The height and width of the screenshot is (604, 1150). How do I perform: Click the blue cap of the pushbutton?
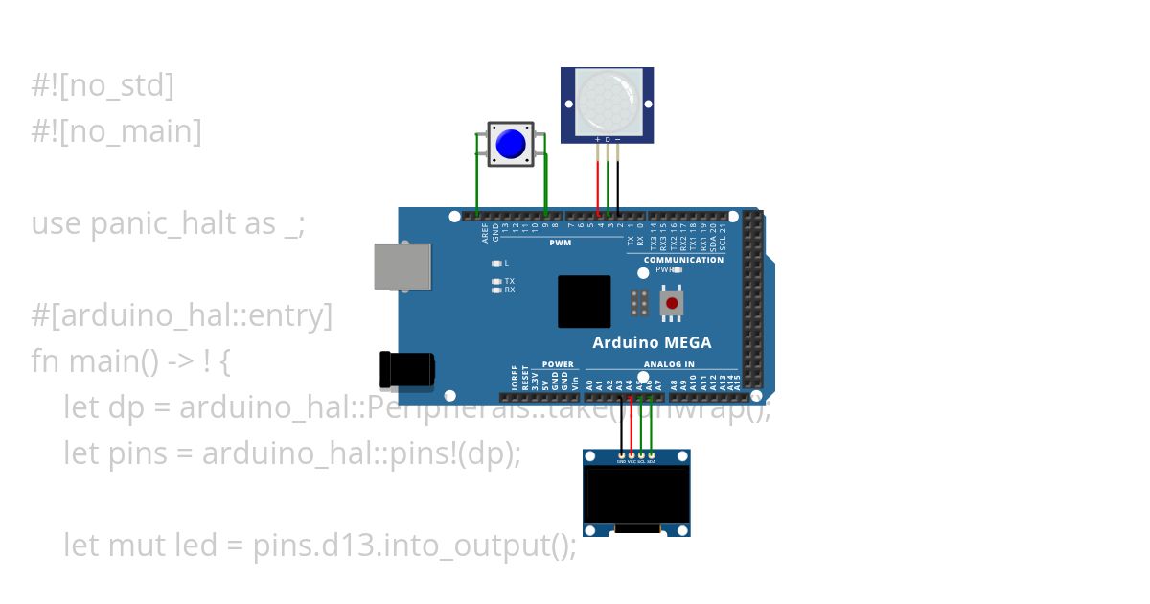tap(511, 144)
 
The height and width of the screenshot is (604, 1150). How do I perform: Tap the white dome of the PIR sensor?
tap(607, 100)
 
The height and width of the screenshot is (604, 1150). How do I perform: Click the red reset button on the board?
tap(672, 304)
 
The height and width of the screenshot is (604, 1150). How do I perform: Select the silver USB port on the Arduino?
tap(402, 266)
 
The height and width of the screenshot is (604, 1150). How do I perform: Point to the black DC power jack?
tap(407, 370)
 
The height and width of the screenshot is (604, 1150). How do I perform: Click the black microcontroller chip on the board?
tap(584, 302)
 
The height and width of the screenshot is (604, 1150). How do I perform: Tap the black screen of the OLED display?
tap(637, 495)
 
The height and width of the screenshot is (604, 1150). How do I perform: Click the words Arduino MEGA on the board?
tap(652, 342)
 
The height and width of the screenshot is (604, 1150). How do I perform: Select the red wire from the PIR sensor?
tap(598, 182)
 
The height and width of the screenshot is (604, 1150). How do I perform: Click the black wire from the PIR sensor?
tap(618, 182)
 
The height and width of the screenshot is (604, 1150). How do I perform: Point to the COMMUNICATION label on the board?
tap(683, 260)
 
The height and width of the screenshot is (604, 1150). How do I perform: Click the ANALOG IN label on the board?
tap(669, 364)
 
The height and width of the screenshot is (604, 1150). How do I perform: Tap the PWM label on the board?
tap(560, 244)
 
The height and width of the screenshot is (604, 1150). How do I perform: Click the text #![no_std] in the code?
tap(103, 85)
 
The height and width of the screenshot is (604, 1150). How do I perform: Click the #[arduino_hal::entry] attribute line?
tap(182, 315)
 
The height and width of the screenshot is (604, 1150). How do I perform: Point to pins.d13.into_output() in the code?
tap(414, 546)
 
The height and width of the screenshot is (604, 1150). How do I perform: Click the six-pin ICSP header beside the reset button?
tap(639, 304)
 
